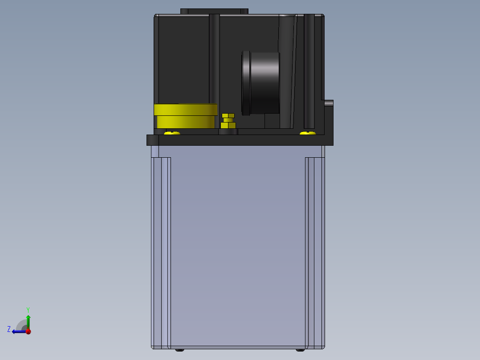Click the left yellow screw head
[x=172, y=133]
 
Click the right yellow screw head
[x=308, y=133]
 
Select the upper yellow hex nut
[x=228, y=116]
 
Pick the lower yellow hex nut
[x=228, y=125]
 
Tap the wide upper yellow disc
[x=186, y=109]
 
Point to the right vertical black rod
[x=309, y=71]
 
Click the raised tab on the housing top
[x=214, y=11]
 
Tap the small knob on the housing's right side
[x=329, y=103]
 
